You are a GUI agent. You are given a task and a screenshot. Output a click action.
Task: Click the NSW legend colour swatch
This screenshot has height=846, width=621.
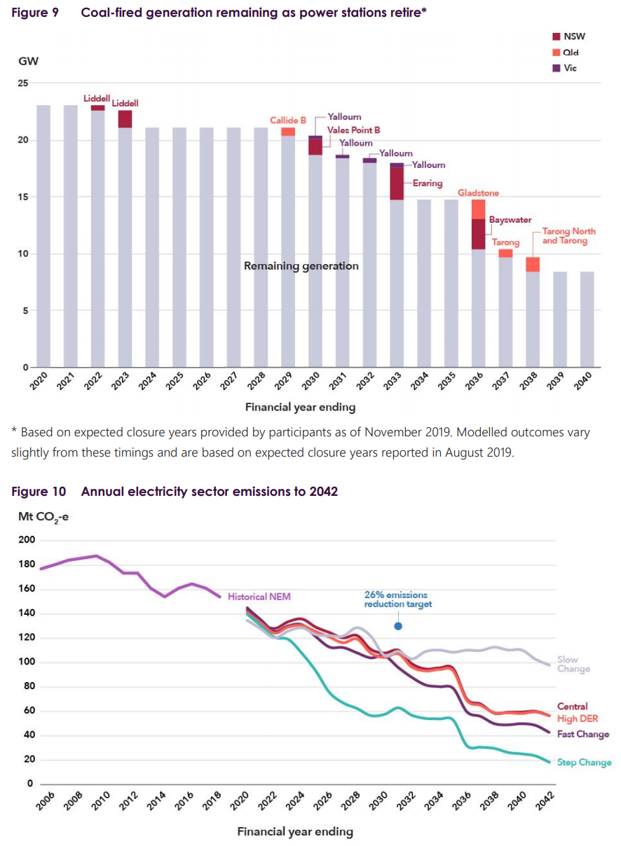point(557,36)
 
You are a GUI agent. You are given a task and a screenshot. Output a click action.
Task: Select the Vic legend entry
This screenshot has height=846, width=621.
point(564,68)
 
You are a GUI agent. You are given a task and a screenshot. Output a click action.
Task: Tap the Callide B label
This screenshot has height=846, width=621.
point(288,120)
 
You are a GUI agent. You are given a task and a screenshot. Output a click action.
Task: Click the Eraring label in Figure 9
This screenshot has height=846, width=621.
point(427,183)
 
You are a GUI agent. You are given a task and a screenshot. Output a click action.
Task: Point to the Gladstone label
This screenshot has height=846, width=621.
point(479,193)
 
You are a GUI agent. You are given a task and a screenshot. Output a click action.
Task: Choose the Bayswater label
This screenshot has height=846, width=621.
point(510,220)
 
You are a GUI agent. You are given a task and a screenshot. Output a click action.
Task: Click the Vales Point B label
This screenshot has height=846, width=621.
point(354,130)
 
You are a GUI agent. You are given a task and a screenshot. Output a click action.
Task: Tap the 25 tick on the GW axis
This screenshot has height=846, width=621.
point(23,83)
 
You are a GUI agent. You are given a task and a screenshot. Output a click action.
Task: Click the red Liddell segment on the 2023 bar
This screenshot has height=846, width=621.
point(125,119)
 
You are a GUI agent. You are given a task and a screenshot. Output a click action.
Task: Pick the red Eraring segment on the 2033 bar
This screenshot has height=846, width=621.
point(397,183)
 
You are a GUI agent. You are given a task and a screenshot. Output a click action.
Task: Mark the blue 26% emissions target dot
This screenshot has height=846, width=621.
point(398,626)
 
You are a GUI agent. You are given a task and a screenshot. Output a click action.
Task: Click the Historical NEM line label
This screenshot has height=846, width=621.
point(259,597)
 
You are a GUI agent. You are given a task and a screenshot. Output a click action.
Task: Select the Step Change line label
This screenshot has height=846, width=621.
point(584,763)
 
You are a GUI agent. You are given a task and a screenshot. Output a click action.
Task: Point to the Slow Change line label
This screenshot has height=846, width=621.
point(573,664)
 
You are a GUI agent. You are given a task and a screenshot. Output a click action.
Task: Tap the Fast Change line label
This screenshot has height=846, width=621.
point(583,734)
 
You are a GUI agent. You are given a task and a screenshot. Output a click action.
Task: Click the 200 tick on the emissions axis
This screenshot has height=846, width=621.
point(27,540)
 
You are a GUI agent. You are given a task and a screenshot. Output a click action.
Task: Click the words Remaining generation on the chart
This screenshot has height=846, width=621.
point(301,266)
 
